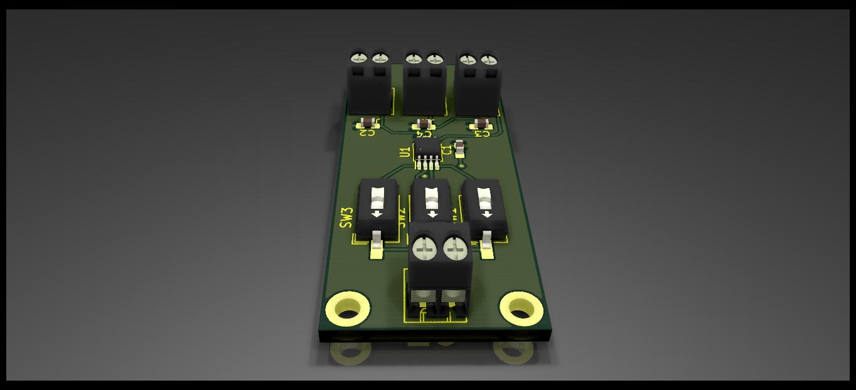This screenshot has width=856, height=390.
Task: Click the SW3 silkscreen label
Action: click(346, 218)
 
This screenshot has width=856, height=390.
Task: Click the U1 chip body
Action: click(429, 149)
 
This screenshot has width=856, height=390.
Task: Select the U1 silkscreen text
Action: click(405, 151)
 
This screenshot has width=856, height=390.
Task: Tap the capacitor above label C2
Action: click(368, 122)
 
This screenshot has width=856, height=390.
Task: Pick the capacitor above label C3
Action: click(481, 123)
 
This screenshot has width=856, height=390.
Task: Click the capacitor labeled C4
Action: click(424, 123)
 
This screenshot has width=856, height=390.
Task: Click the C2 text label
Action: click(367, 132)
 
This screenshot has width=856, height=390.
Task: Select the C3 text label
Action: click(482, 133)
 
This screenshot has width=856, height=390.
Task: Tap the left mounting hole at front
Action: click(348, 308)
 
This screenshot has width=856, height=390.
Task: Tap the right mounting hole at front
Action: click(520, 308)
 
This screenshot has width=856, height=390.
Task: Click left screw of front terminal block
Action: click(425, 249)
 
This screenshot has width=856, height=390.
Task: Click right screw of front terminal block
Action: click(456, 249)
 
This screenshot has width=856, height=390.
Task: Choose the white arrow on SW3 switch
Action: click(377, 214)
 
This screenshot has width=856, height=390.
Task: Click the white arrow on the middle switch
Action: click(432, 214)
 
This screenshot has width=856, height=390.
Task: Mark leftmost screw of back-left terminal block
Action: click(359, 58)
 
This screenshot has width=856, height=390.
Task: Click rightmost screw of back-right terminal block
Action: click(489, 60)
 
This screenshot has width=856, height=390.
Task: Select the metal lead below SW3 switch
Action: click(377, 242)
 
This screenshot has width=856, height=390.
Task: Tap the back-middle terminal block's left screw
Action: click(414, 60)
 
